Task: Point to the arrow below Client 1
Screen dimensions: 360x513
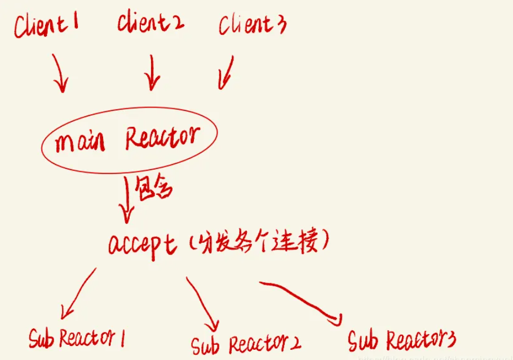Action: coord(59,73)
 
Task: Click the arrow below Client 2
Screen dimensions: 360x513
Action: coord(151,73)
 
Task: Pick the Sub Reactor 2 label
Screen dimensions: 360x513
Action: coord(245,343)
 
